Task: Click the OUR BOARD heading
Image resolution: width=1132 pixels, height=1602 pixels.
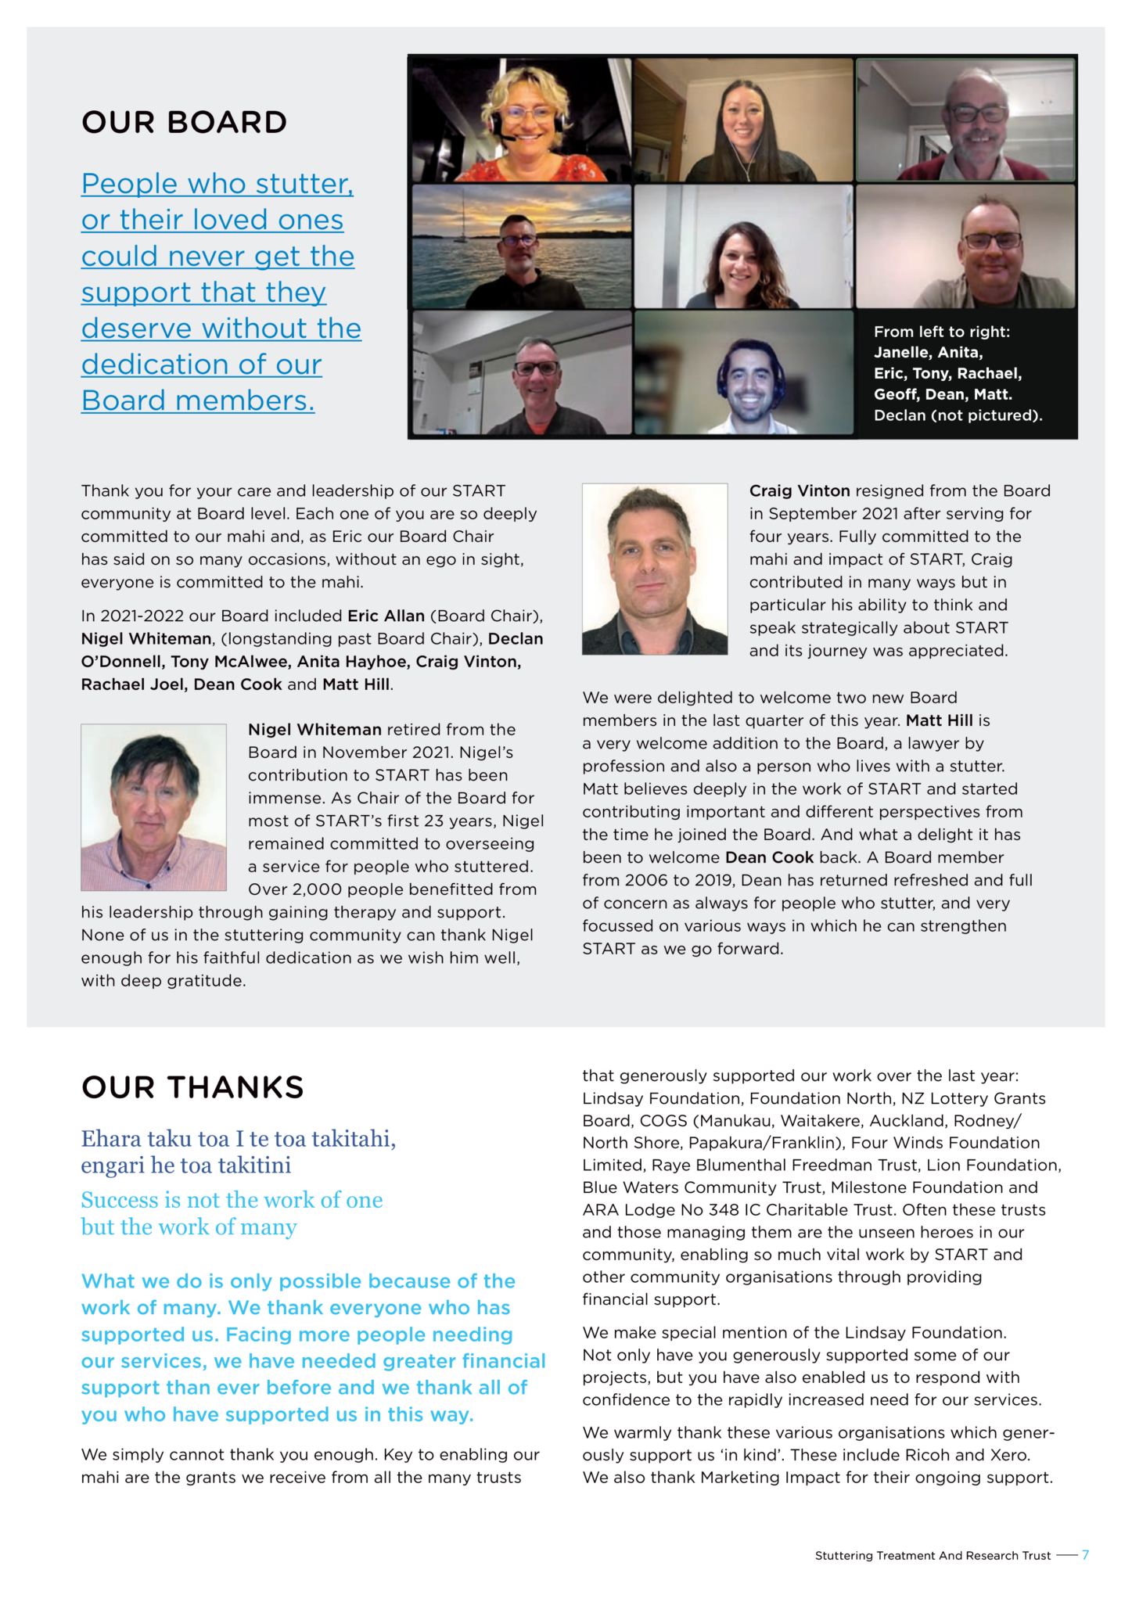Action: click(184, 123)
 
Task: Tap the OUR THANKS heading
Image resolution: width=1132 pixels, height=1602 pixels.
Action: click(192, 1087)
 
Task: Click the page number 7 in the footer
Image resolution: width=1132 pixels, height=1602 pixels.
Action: click(1085, 1555)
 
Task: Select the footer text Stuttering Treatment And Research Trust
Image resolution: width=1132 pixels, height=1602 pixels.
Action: click(933, 1556)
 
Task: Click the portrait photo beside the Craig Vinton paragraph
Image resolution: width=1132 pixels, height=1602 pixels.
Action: click(655, 569)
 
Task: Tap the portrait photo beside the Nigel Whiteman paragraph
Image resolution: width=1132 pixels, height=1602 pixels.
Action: click(153, 807)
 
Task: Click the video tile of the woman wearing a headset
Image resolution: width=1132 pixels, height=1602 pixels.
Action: click(521, 120)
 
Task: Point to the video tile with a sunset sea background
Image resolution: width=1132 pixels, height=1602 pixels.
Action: click(521, 246)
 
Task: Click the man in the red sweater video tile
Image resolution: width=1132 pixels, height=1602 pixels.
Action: click(966, 120)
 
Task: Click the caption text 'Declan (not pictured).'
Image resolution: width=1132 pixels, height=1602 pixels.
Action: click(958, 415)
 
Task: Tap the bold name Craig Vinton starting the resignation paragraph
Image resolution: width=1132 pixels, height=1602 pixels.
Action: click(800, 491)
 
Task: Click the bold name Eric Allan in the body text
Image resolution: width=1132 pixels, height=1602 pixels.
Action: click(386, 616)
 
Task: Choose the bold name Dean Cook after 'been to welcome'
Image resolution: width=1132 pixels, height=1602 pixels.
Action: click(769, 857)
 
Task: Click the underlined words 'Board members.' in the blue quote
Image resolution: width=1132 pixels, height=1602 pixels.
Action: click(198, 400)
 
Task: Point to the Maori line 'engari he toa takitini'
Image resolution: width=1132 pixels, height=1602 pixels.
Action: click(186, 1166)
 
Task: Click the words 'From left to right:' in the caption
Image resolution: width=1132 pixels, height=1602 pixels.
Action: click(942, 332)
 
